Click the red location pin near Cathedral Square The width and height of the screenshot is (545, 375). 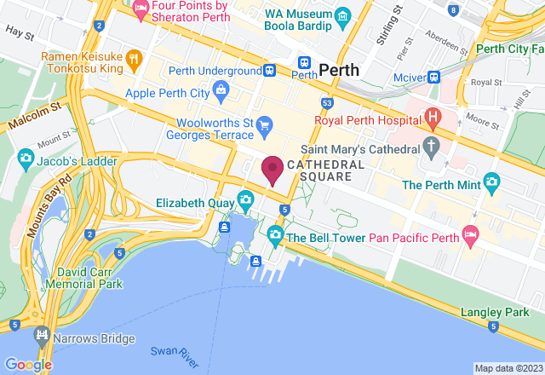(272, 170)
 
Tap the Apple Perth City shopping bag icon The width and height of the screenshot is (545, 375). (221, 89)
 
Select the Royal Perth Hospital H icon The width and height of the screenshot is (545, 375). (433, 117)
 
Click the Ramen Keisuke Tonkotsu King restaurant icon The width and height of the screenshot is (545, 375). (133, 59)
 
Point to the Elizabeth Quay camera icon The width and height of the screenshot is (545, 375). (245, 201)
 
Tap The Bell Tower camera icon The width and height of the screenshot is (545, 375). (275, 234)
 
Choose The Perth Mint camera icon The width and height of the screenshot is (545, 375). (490, 182)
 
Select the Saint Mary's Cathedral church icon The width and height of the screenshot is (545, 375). (431, 146)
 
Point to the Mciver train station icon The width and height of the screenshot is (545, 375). (433, 76)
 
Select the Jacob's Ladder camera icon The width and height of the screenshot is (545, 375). (26, 158)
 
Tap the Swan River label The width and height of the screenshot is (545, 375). (169, 354)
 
